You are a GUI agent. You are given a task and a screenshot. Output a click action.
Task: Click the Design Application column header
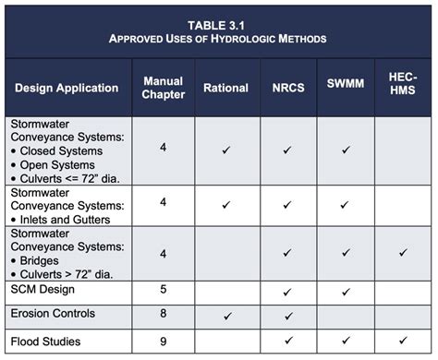[x=67, y=88]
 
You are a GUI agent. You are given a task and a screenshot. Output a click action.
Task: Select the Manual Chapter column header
[x=163, y=88]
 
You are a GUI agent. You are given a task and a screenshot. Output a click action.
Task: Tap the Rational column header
[x=226, y=88]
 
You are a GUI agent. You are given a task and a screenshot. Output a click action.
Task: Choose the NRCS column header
[x=286, y=88]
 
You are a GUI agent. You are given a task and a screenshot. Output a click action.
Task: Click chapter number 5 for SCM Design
[x=163, y=290]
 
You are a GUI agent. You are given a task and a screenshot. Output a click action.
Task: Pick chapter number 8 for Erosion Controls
[x=163, y=316]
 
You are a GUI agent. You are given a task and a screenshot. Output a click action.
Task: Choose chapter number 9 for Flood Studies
[x=163, y=341]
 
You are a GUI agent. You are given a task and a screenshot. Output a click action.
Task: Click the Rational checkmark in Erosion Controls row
[x=226, y=317]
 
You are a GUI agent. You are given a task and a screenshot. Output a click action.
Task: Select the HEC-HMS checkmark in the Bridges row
[x=403, y=252]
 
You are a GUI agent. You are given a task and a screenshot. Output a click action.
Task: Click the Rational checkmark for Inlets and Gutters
[x=226, y=205]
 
